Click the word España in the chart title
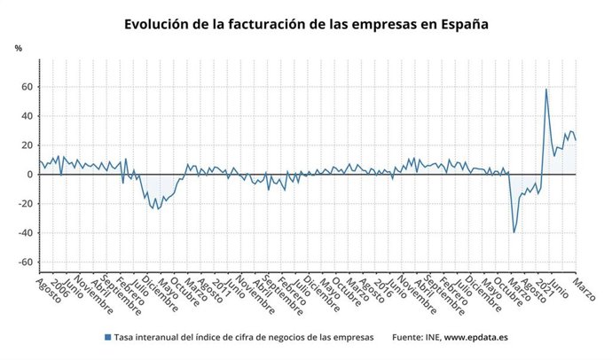click(x=460, y=23)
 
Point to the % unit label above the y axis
click(x=18, y=47)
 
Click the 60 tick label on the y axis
click(x=27, y=87)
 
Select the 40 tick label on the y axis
click(x=27, y=116)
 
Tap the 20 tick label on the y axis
click(x=27, y=145)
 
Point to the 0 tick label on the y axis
click(x=29, y=175)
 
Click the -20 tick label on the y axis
click(x=25, y=204)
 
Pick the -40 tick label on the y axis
click(x=25, y=233)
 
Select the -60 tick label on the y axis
click(x=25, y=262)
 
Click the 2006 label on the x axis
click(x=59, y=289)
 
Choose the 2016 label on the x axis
click(x=381, y=289)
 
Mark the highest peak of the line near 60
click(x=545, y=89)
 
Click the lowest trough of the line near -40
click(x=514, y=232)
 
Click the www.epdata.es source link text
click(x=475, y=337)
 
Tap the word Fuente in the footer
click(x=407, y=337)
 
